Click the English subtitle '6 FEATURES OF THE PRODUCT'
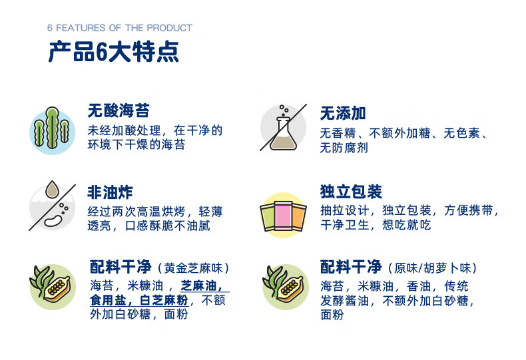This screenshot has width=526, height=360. click(120, 28)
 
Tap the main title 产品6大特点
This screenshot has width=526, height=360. click(114, 52)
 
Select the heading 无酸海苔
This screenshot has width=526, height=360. click(119, 110)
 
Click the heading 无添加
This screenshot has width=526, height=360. click(343, 113)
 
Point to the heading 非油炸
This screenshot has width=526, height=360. click(110, 192)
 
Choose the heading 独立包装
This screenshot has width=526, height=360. click(351, 192)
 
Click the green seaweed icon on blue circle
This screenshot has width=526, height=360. click(52, 130)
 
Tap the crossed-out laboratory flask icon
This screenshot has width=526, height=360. click(284, 128)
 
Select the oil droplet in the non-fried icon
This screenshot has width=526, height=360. click(52, 190)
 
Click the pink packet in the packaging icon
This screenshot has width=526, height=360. click(283, 216)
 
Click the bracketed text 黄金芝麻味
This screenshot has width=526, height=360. click(194, 268)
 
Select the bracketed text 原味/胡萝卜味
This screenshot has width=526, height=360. click(432, 268)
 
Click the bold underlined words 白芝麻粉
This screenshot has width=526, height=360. click(164, 300)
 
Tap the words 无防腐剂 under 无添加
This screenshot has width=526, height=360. click(344, 148)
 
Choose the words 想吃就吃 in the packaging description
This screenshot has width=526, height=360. click(407, 225)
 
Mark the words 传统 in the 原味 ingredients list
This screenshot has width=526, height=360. click(456, 286)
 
